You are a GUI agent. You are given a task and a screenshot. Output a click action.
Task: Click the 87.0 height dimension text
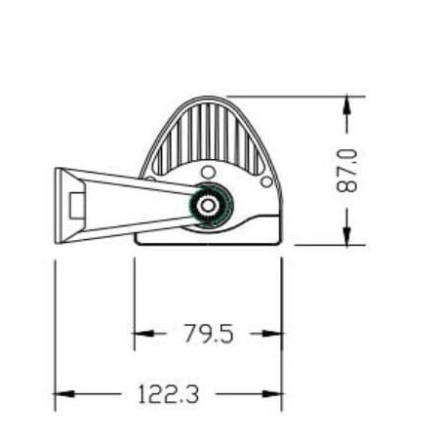click(x=347, y=171)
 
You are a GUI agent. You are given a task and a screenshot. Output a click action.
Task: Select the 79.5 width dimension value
click(x=209, y=334)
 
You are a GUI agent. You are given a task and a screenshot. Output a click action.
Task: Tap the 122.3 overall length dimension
click(x=169, y=394)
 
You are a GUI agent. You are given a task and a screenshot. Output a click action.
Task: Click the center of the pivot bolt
click(x=207, y=205)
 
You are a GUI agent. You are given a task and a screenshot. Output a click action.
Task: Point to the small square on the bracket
click(x=78, y=205)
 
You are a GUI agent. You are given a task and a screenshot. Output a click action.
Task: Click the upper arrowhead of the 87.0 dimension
click(x=347, y=104)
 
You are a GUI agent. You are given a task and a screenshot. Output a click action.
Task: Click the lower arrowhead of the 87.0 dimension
click(x=347, y=236)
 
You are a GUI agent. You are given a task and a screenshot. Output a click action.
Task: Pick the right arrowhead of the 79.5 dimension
click(x=272, y=334)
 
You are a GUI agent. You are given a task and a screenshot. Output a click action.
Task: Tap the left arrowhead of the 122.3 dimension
click(x=64, y=394)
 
